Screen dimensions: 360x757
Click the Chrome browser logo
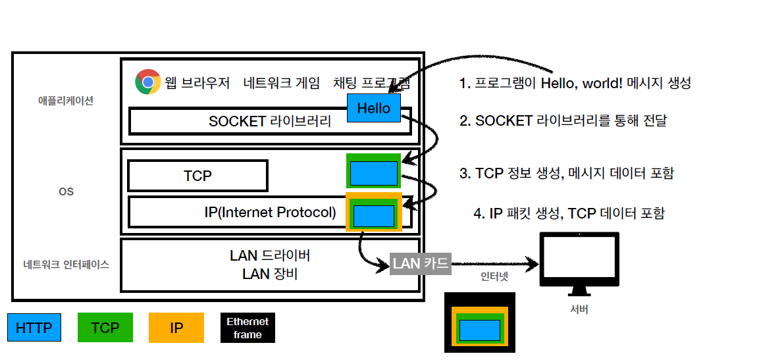coord(148,82)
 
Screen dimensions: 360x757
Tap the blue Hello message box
coord(373,108)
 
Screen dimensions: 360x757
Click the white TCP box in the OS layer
coord(197,176)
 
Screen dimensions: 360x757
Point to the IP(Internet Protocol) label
coord(270,213)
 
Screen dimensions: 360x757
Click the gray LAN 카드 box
coord(420,264)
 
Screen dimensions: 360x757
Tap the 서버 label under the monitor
coord(579,309)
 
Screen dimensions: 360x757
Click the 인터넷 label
coord(494,277)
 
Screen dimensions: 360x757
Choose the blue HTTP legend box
coord(34,327)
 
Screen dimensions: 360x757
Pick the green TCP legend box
coord(105,327)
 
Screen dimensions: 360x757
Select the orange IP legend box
coord(176,327)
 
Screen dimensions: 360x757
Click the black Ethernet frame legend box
coord(248,327)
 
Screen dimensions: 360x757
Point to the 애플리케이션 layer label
coord(66,101)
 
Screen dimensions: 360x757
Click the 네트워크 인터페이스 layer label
coord(66,265)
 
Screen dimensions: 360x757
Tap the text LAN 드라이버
coord(270,255)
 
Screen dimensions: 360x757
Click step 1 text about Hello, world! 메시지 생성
coord(575,83)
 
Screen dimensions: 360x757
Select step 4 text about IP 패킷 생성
coord(569,213)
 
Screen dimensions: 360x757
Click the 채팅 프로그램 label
coord(372,83)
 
